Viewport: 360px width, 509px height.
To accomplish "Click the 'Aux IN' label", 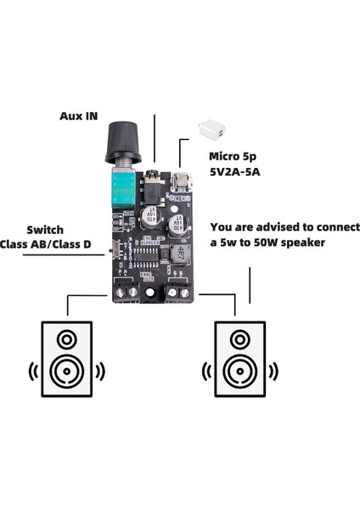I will coord(79,115).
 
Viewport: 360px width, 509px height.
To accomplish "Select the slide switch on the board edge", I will coord(111,251).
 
